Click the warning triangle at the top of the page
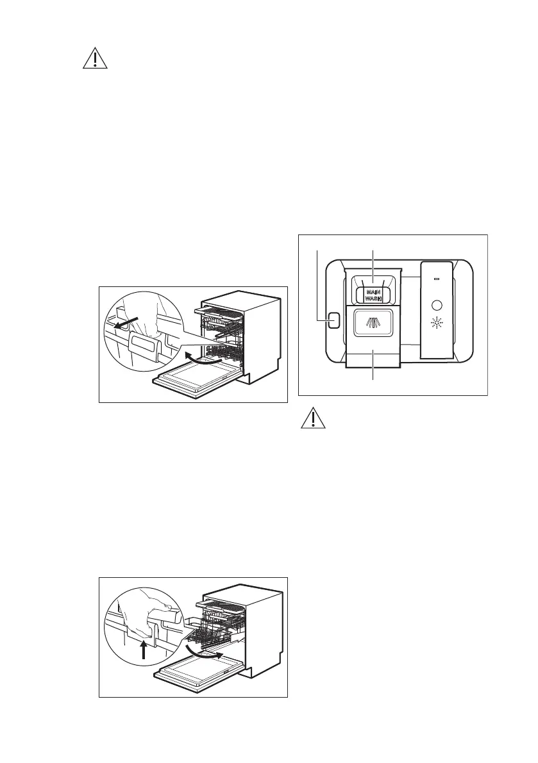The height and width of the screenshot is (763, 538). click(95, 59)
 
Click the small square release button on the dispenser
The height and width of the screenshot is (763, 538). click(333, 320)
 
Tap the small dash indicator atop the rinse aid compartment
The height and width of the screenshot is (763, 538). click(436, 279)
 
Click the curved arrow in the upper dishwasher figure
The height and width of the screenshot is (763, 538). click(201, 357)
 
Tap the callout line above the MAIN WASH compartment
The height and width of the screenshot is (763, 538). click(373, 264)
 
